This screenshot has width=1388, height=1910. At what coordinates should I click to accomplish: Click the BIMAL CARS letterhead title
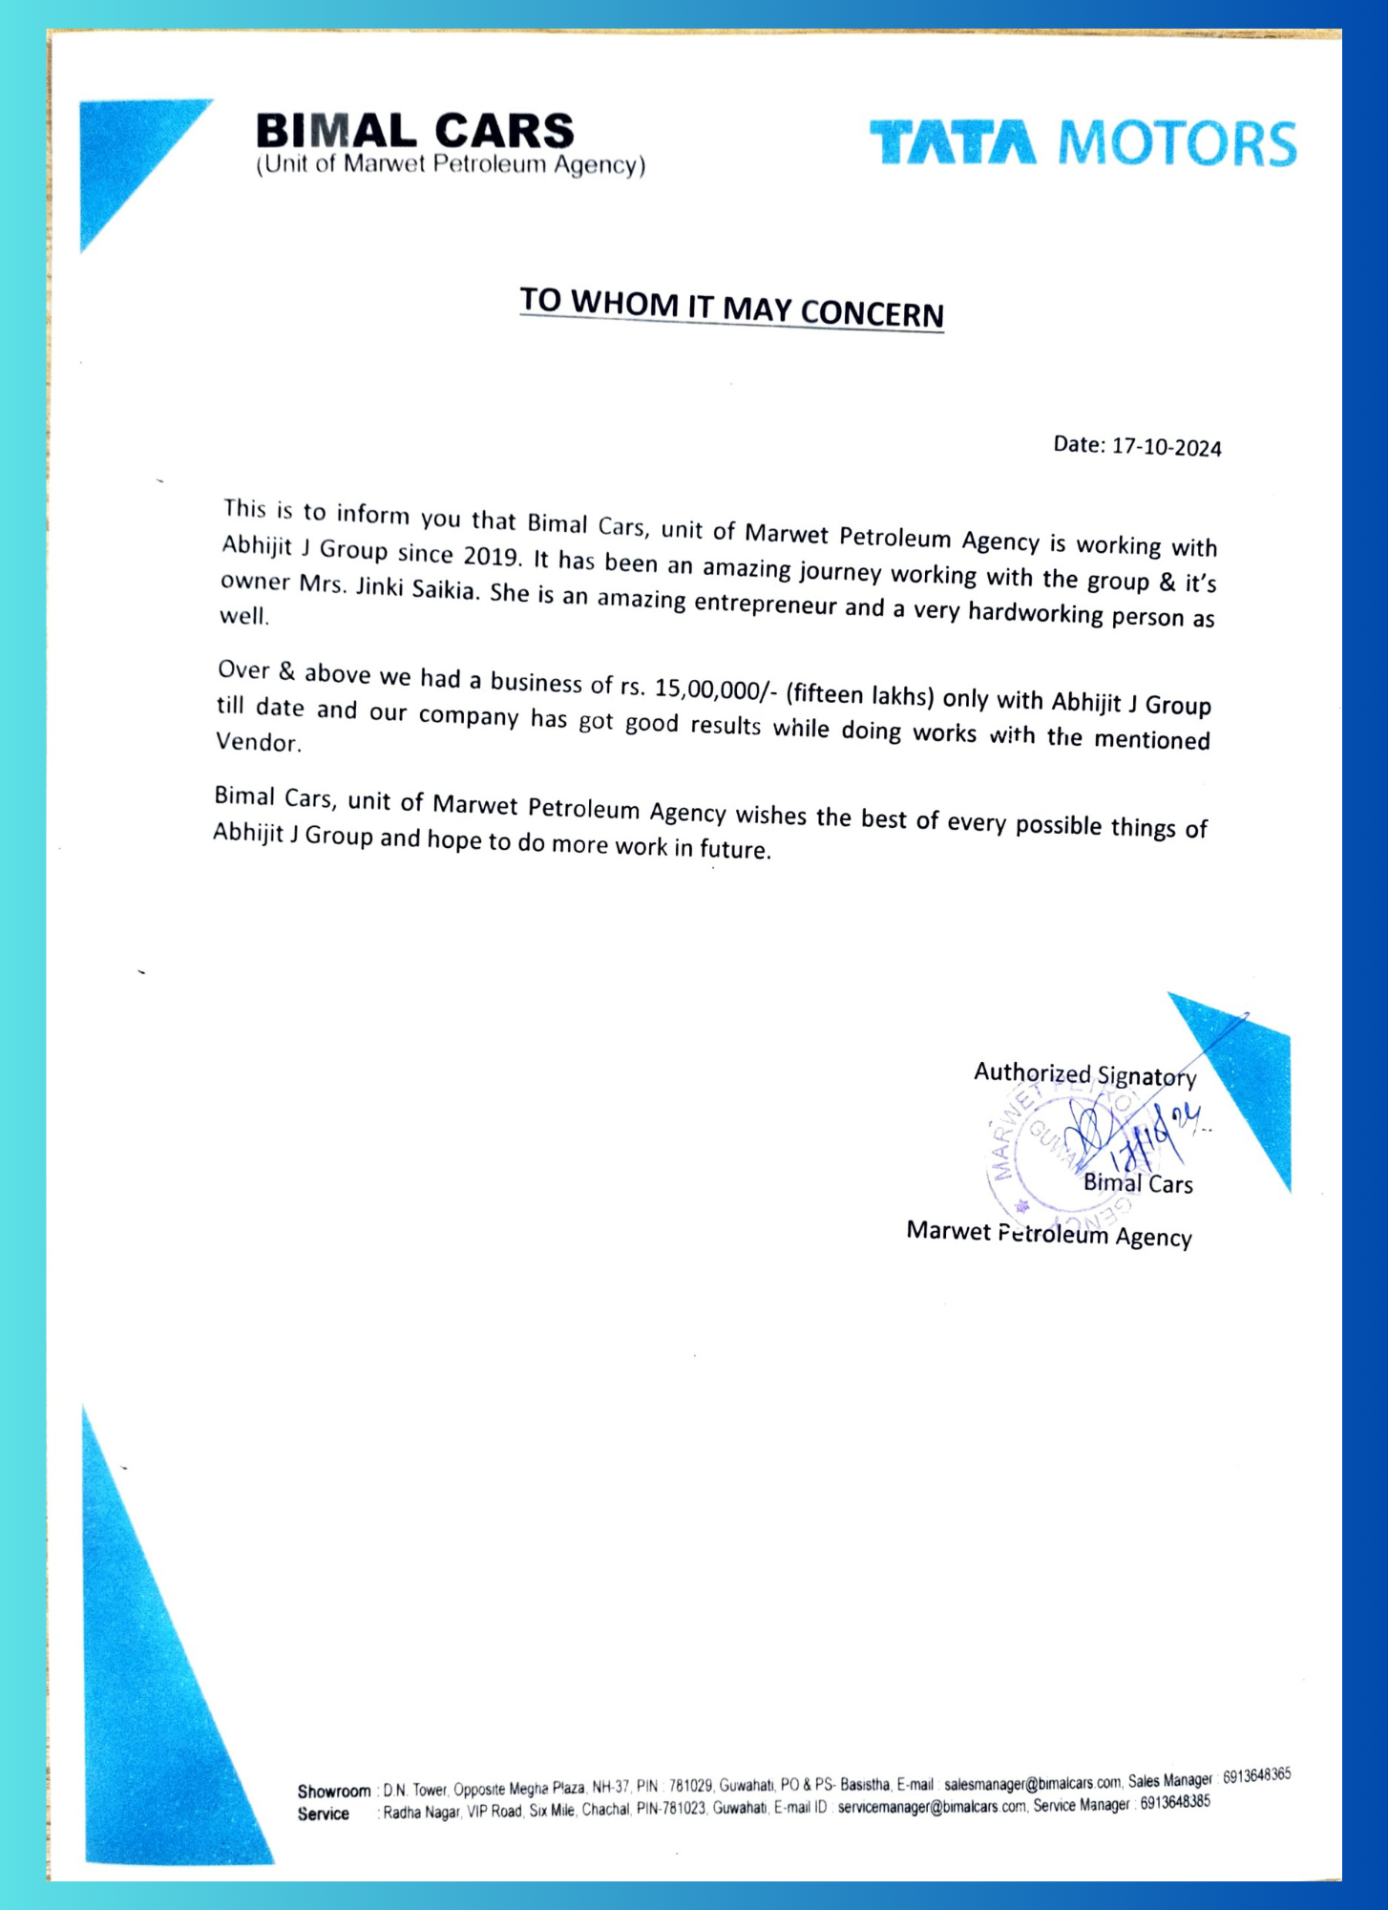(414, 131)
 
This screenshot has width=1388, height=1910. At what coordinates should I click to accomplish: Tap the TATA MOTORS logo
(1083, 143)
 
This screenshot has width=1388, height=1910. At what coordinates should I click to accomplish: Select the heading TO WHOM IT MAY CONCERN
(731, 308)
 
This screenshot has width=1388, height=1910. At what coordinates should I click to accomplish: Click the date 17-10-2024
(1166, 447)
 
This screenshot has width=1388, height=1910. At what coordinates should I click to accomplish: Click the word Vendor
(257, 742)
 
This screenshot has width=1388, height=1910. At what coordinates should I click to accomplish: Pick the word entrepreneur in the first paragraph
(765, 605)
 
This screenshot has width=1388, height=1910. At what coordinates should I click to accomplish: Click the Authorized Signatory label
(1084, 1075)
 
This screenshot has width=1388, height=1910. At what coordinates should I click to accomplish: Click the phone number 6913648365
(1256, 1775)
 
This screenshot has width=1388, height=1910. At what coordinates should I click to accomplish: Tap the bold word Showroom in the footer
(333, 1791)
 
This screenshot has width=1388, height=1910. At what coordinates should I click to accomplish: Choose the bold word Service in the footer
(323, 1814)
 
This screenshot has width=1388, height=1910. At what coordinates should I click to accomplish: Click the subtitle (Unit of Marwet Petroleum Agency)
(451, 164)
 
